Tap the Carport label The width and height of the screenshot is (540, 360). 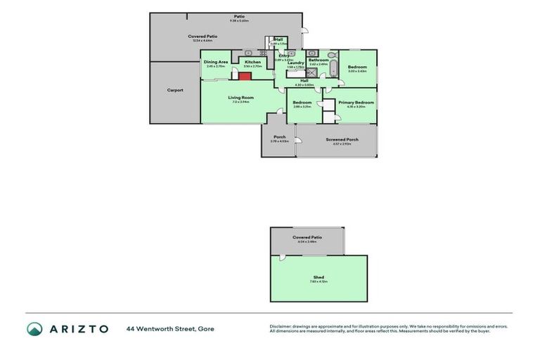[175, 90]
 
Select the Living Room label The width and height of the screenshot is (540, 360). [240, 97]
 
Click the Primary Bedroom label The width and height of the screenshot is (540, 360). [356, 103]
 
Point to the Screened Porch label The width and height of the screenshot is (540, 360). [342, 139]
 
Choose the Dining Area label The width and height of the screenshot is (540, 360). [216, 62]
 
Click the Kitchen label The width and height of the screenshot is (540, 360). [252, 62]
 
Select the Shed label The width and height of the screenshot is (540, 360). [319, 277]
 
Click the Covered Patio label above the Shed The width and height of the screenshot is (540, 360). [307, 238]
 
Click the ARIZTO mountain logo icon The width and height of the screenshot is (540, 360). [34, 328]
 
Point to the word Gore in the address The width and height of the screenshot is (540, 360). [206, 329]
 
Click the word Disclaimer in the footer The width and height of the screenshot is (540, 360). [281, 326]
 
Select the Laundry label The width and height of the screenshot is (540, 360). [296, 63]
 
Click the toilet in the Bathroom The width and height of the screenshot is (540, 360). [332, 54]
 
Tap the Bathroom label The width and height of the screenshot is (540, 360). [319, 60]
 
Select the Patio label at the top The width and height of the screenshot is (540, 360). [239, 16]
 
